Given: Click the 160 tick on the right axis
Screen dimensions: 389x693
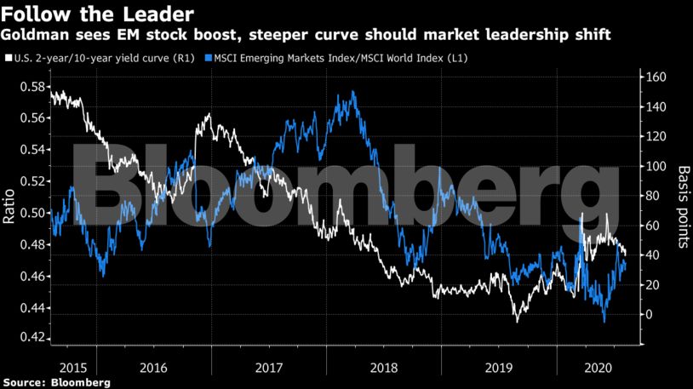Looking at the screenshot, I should [x=656, y=77].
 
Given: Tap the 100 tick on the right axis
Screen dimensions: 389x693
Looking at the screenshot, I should [x=656, y=166].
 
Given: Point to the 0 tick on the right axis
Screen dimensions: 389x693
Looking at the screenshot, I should [x=650, y=314].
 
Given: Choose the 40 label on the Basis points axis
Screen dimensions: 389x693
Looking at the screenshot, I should [x=653, y=255].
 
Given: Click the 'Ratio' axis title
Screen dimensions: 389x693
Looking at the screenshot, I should [x=9, y=208].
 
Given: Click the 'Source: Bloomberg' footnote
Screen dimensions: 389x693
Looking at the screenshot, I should [x=55, y=382].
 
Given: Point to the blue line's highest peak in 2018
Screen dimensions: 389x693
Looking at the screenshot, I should [x=353, y=92].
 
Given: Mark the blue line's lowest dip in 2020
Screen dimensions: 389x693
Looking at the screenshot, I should [x=604, y=321].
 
